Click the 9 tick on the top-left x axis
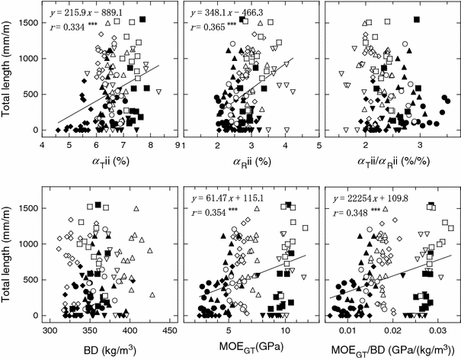[178, 145]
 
